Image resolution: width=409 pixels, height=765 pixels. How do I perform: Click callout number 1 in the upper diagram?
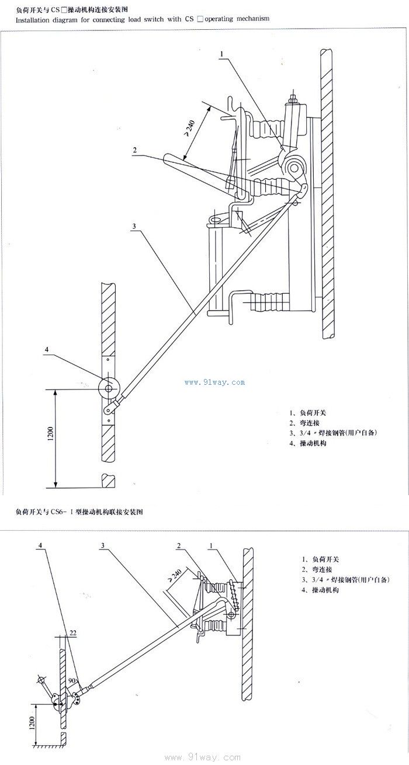(222, 54)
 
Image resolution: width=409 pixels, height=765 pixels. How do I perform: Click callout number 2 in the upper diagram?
(135, 151)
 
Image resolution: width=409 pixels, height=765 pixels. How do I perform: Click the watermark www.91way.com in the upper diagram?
(214, 382)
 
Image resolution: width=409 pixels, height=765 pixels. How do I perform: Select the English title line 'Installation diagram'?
(143, 19)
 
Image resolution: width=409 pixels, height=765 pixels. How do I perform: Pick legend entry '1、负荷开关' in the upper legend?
(304, 412)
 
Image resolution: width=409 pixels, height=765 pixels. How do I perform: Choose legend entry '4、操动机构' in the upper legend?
(307, 444)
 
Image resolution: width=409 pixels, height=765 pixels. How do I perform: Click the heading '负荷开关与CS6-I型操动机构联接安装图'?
(79, 512)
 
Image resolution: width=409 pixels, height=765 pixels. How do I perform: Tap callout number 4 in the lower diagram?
(40, 545)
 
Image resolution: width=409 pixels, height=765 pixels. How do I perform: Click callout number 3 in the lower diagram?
(102, 545)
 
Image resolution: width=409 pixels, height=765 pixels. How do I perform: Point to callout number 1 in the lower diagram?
(213, 545)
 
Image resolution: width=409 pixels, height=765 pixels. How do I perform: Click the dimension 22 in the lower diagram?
(72, 632)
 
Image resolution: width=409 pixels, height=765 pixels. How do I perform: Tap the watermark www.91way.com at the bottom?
(203, 758)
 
